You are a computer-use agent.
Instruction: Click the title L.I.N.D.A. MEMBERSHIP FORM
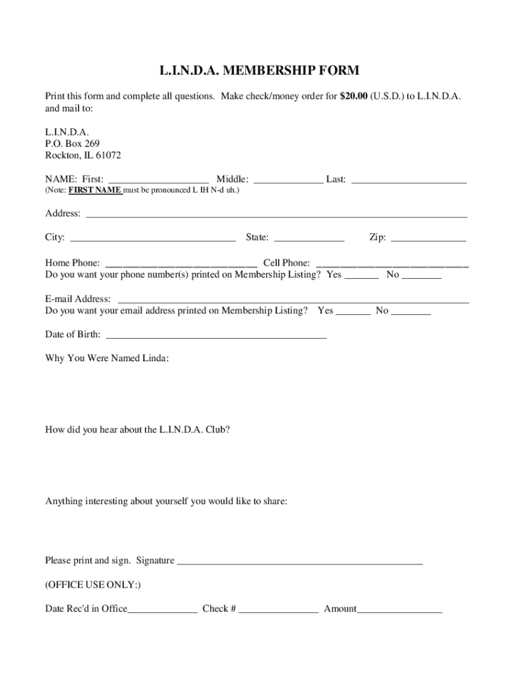pyautogui.click(x=259, y=70)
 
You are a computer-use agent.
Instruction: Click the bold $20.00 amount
pyautogui.click(x=354, y=96)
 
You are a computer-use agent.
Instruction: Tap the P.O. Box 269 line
pyautogui.click(x=72, y=143)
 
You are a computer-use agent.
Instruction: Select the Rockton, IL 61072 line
pyautogui.click(x=83, y=155)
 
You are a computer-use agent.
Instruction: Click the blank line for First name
pyautogui.click(x=159, y=180)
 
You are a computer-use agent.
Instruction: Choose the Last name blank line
pyautogui.click(x=408, y=180)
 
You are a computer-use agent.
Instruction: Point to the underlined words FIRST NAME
pyautogui.click(x=95, y=191)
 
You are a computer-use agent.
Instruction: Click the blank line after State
pyautogui.click(x=309, y=238)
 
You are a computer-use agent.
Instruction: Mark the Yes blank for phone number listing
pyautogui.click(x=362, y=275)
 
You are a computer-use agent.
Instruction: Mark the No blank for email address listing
pyautogui.click(x=412, y=311)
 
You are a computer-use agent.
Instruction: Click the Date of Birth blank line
pyautogui.click(x=216, y=335)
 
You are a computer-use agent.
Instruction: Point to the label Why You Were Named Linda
pyautogui.click(x=107, y=359)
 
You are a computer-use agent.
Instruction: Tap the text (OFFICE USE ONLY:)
pyautogui.click(x=93, y=585)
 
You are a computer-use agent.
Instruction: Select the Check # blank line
pyautogui.click(x=279, y=609)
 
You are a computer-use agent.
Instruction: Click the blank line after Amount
pyautogui.click(x=400, y=609)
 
